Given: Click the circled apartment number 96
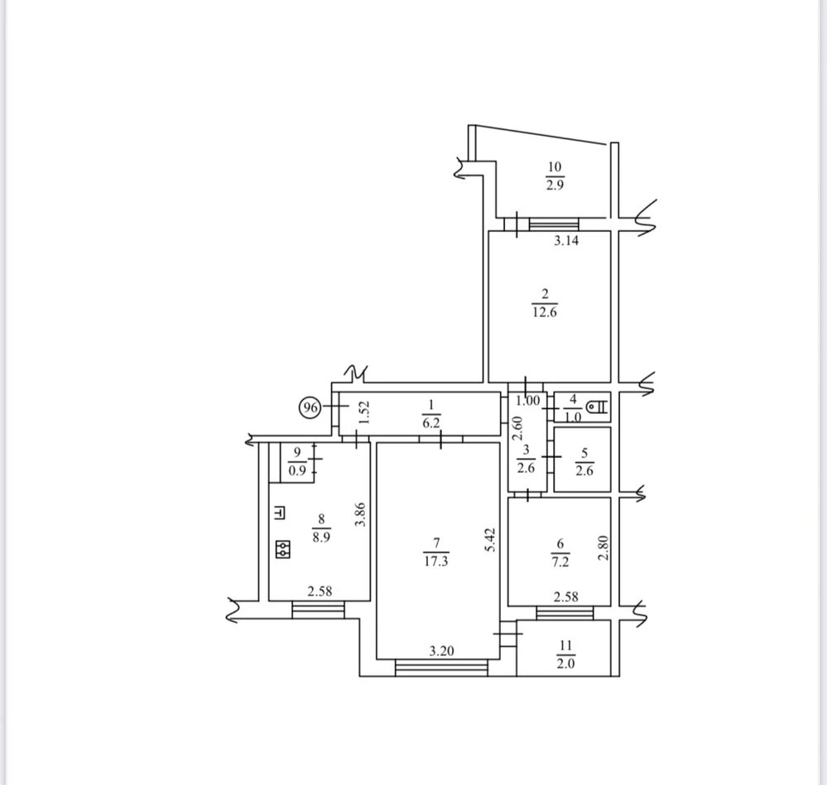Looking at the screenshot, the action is [x=310, y=407].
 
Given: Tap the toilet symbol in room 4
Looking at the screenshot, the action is [x=598, y=407].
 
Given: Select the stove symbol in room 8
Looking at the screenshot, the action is [x=283, y=549].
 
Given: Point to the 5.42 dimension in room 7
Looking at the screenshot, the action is [x=491, y=540].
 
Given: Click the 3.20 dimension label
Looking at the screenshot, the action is [x=441, y=651].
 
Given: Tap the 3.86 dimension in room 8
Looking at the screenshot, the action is [x=360, y=514].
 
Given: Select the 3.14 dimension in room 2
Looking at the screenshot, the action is [x=566, y=241].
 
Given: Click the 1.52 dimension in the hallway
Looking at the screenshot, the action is [x=364, y=412].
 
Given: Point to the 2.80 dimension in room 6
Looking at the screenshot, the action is [x=603, y=547].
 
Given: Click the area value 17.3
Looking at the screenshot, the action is [x=435, y=561].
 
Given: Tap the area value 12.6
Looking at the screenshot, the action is [x=545, y=312].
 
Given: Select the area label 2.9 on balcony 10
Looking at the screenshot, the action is [x=555, y=185].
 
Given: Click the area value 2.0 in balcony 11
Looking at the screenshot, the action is [x=565, y=663].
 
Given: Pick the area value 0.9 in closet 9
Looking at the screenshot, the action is [x=297, y=470].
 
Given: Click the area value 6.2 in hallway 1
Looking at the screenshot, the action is [x=431, y=422].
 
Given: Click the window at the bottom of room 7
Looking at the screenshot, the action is [x=441, y=668].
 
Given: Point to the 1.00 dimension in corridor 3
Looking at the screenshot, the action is [x=528, y=401].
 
